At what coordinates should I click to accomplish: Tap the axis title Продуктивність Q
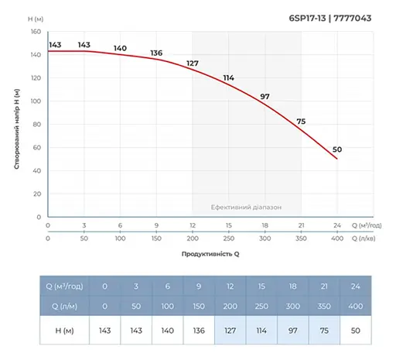(x=210, y=254)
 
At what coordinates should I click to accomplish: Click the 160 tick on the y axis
(x=36, y=32)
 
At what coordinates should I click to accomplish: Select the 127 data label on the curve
(x=193, y=63)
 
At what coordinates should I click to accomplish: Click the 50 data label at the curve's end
(x=336, y=149)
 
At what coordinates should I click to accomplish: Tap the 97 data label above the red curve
(x=265, y=96)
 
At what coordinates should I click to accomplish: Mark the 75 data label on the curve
(x=301, y=122)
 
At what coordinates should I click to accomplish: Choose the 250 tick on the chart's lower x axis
(x=228, y=239)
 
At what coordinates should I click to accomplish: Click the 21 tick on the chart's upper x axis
(x=300, y=225)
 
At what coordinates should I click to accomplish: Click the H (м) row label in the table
(x=66, y=330)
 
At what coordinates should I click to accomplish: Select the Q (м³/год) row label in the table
(x=66, y=285)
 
